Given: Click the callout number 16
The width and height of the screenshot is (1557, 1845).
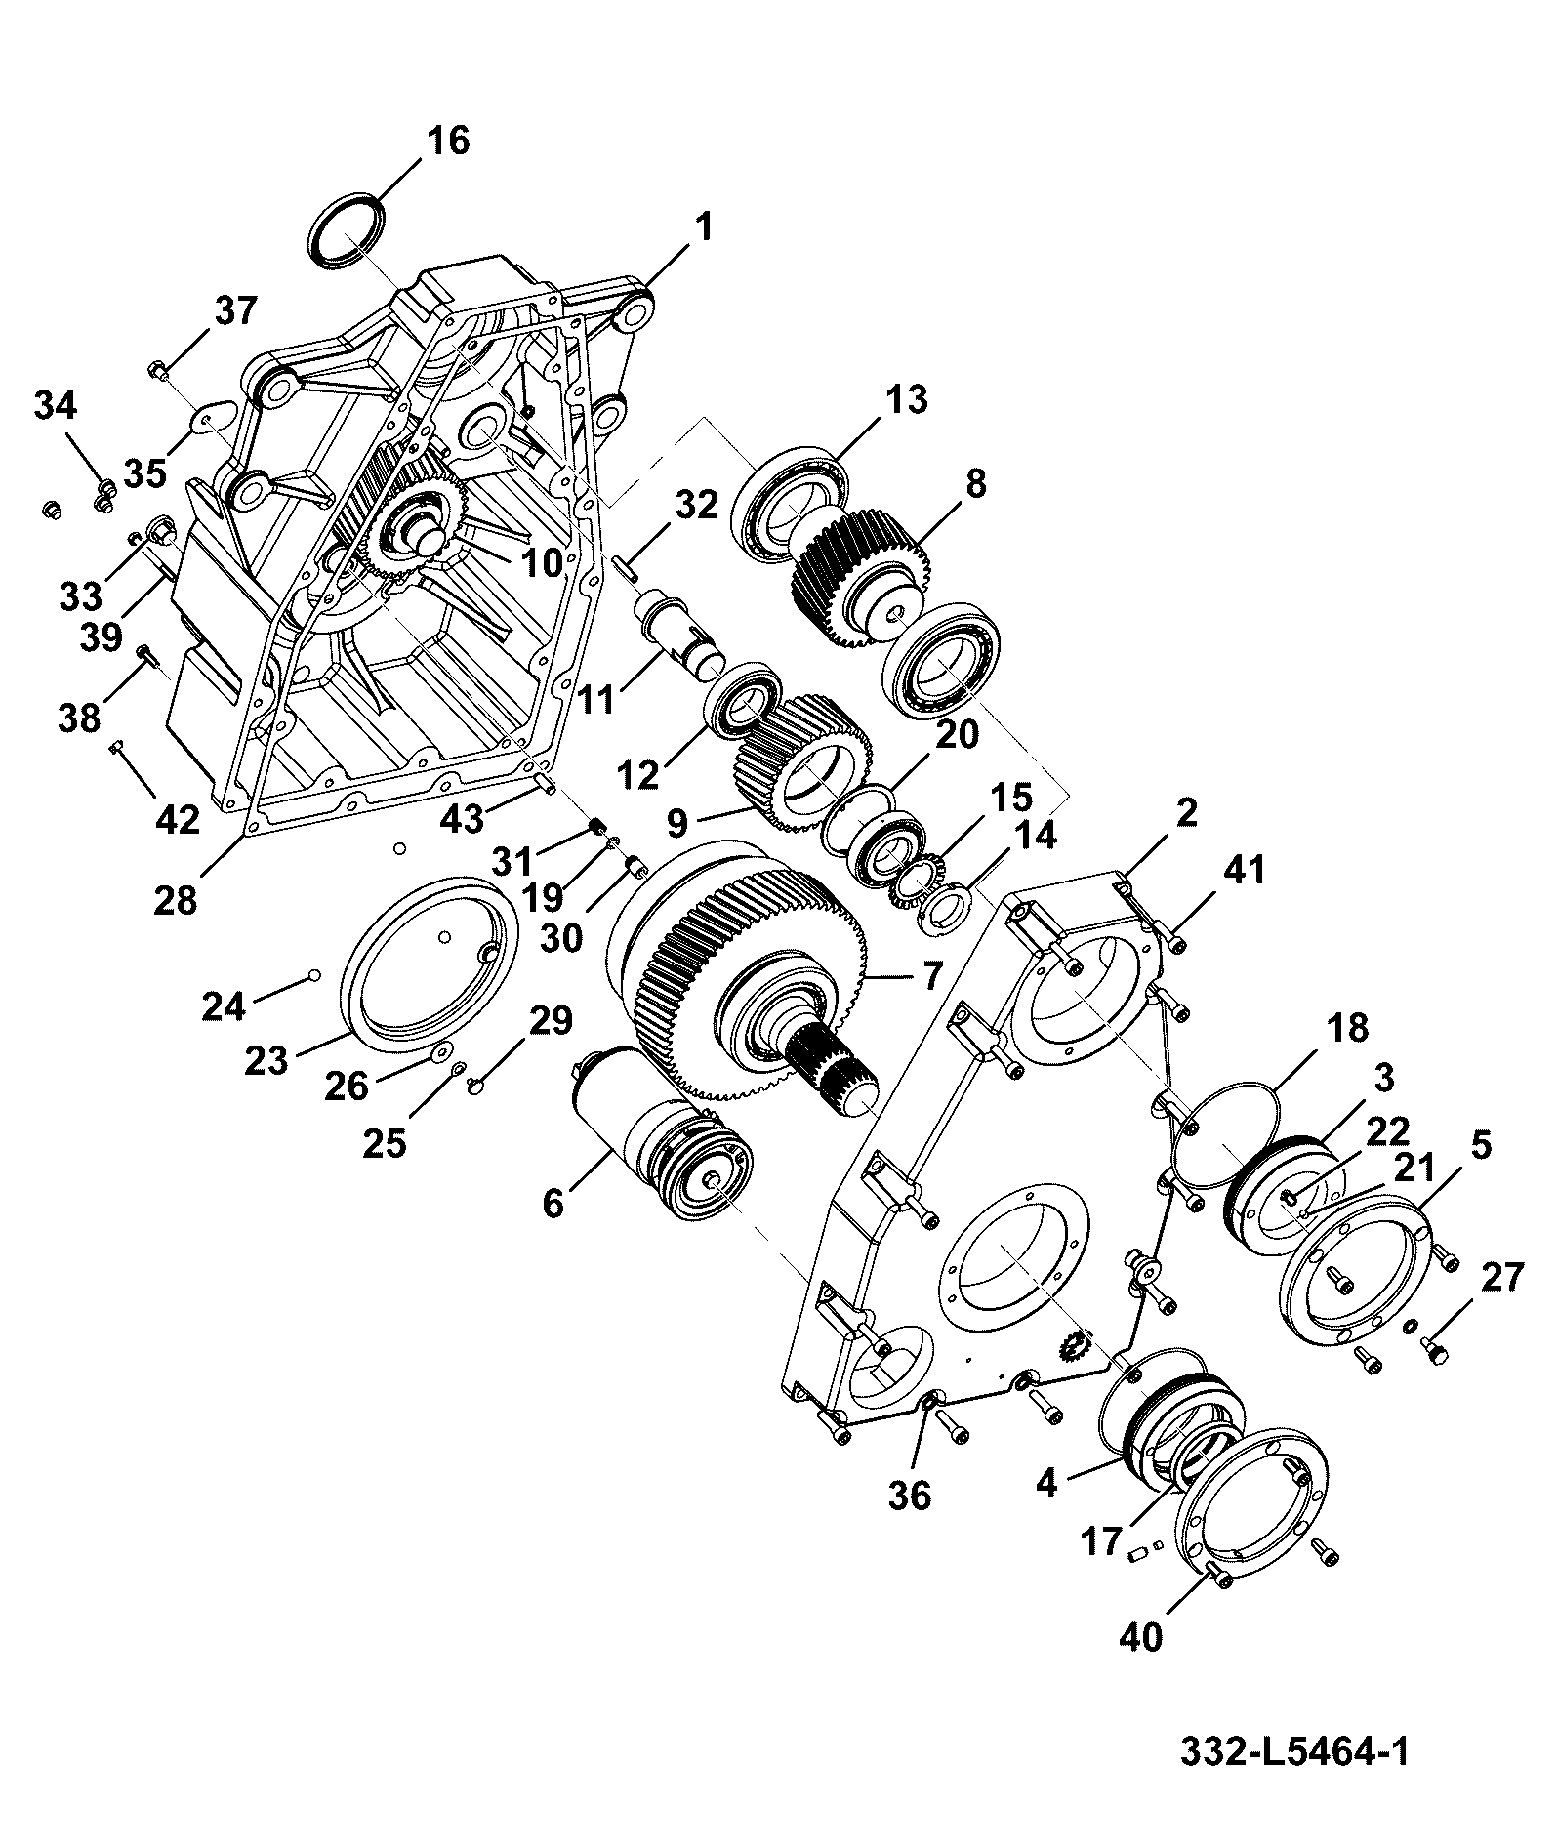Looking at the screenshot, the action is (x=446, y=142).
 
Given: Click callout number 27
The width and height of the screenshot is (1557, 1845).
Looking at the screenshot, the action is (x=1499, y=1277).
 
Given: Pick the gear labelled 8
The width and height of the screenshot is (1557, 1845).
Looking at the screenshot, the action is (x=859, y=576).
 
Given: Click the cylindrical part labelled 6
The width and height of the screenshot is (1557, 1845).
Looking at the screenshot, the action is (x=664, y=1132).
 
